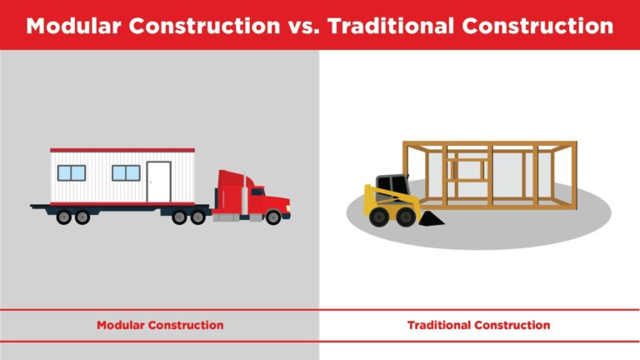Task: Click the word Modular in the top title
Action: click(76, 26)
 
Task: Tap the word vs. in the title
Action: click(302, 26)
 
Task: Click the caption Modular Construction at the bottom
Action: click(160, 324)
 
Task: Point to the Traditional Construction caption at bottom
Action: click(478, 324)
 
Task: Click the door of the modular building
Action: click(158, 182)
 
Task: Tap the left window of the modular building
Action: click(72, 173)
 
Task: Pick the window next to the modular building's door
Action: click(126, 173)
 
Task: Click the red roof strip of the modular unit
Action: click(122, 151)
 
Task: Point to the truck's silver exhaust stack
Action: click(245, 200)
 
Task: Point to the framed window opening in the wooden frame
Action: click(466, 169)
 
